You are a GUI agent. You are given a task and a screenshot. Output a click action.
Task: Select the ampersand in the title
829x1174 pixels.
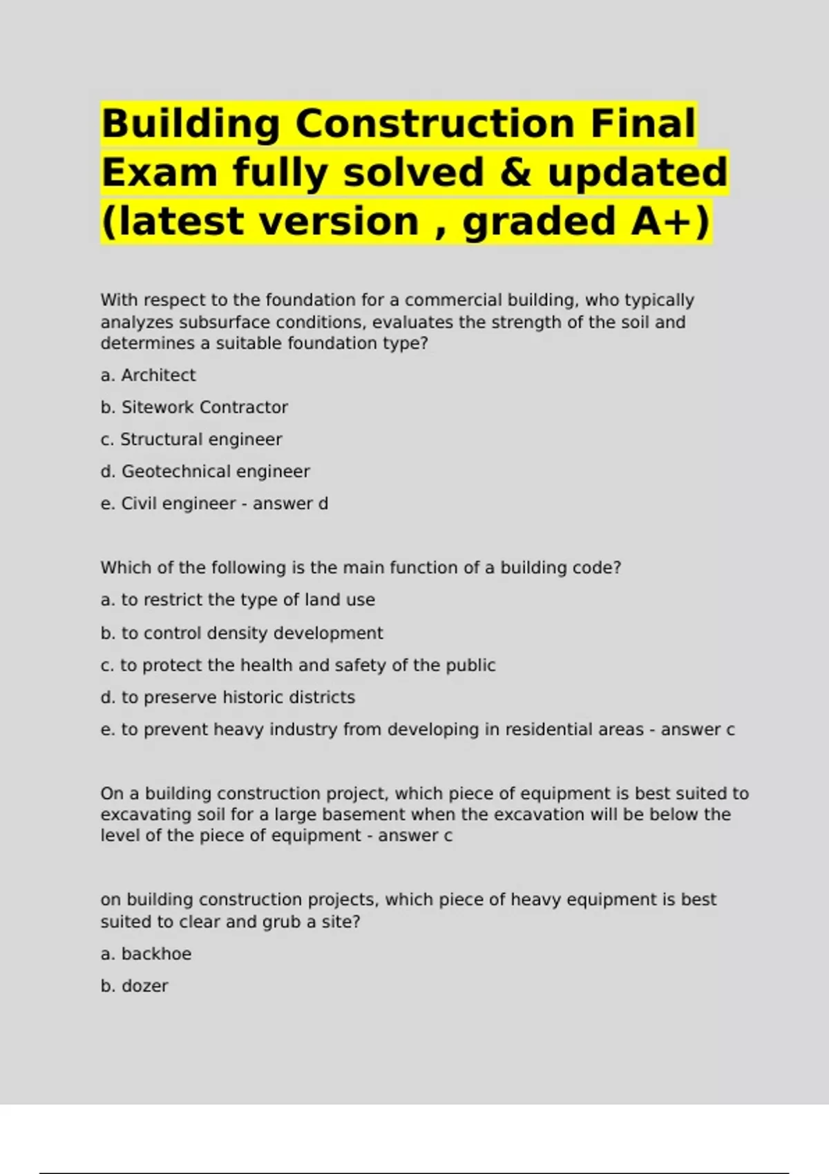tap(515, 173)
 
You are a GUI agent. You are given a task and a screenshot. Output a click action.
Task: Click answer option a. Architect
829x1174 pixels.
tap(148, 375)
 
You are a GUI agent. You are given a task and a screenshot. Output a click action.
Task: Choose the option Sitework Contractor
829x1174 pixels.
tap(194, 407)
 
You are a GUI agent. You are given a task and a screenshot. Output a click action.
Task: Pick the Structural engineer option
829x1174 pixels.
tap(191, 439)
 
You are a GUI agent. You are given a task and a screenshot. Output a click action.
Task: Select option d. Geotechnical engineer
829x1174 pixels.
tap(205, 472)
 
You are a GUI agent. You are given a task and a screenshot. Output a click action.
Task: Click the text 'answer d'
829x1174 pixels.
tap(290, 503)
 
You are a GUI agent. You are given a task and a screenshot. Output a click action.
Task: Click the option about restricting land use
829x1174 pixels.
tap(238, 600)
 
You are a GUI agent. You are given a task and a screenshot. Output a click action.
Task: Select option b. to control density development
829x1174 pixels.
tap(242, 633)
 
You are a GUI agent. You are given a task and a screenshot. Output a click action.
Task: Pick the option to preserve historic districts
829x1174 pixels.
tap(228, 697)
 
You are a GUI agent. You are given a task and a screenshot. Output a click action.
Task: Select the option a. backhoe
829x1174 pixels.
tap(146, 954)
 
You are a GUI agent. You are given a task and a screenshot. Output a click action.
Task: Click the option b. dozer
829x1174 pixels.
tap(134, 986)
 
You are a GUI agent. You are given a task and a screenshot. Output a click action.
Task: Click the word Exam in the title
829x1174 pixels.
tap(160, 173)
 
